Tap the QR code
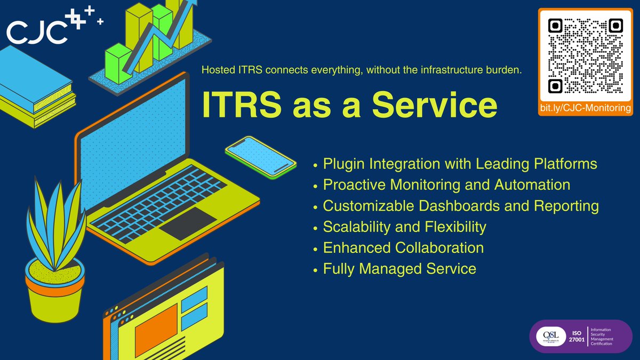click(585, 55)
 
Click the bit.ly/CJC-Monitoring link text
click(585, 108)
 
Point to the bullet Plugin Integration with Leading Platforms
click(460, 164)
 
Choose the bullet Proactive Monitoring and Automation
click(446, 185)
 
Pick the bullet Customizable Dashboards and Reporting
click(461, 206)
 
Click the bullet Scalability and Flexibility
click(404, 227)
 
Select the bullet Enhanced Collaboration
click(403, 248)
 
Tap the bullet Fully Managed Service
click(399, 269)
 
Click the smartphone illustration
click(260, 155)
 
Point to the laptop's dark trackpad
click(188, 223)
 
